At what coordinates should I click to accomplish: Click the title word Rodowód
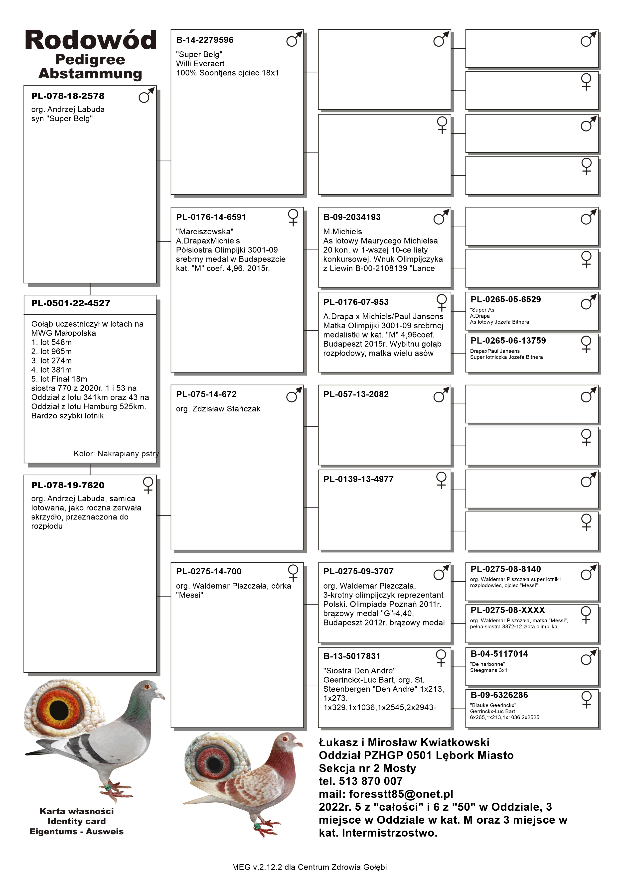pyautogui.click(x=91, y=40)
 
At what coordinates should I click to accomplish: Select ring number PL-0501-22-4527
pyautogui.click(x=71, y=303)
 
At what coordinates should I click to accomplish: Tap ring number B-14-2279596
pyautogui.click(x=205, y=40)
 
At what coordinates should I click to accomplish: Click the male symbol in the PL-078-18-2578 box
pyautogui.click(x=146, y=95)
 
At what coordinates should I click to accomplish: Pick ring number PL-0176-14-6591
pyautogui.click(x=211, y=217)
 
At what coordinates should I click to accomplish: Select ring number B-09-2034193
pyautogui.click(x=352, y=217)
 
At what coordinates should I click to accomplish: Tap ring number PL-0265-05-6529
pyautogui.click(x=505, y=300)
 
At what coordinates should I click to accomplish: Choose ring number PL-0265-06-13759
pyautogui.click(x=508, y=341)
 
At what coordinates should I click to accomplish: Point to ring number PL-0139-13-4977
pyautogui.click(x=358, y=479)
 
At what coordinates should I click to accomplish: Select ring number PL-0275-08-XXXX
pyautogui.click(x=508, y=610)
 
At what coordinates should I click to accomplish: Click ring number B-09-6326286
pyautogui.click(x=499, y=695)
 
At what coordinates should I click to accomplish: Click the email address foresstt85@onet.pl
pyautogui.click(x=401, y=794)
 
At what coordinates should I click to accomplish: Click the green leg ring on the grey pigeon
pyautogui.click(x=108, y=786)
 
